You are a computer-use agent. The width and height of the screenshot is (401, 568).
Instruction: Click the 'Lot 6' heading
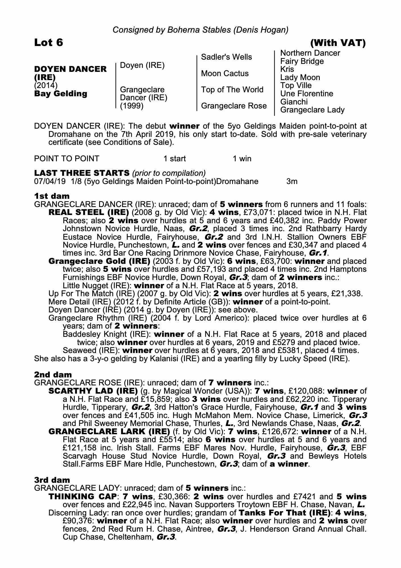pos(49,43)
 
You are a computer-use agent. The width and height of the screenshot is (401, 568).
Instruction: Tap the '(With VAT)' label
pos(338,43)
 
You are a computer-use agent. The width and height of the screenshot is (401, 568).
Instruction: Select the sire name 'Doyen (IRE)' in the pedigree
pos(142,65)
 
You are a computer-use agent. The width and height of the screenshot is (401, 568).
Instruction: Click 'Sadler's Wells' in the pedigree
pos(226,57)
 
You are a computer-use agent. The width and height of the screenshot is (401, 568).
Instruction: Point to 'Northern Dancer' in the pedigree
pos(310,53)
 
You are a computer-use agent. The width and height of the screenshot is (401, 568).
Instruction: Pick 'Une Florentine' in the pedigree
pos(307,94)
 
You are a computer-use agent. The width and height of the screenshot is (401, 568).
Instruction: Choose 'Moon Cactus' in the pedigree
pos(225,74)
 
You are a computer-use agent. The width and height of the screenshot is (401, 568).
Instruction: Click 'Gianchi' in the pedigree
pos(294,102)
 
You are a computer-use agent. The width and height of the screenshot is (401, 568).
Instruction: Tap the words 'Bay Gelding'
pos(60,94)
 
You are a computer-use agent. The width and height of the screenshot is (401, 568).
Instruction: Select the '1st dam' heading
pos(52,196)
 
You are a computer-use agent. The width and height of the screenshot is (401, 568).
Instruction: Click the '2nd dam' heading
pos(53,375)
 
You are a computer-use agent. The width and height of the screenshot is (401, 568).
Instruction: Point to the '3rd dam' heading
pos(52,480)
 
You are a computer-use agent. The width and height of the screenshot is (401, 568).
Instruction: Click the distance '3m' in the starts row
pos(292,181)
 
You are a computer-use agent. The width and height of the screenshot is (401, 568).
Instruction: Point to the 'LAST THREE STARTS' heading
pos(82,173)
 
